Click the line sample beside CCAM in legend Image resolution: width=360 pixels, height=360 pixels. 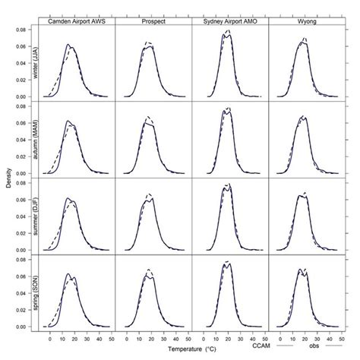pos(283,346)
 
